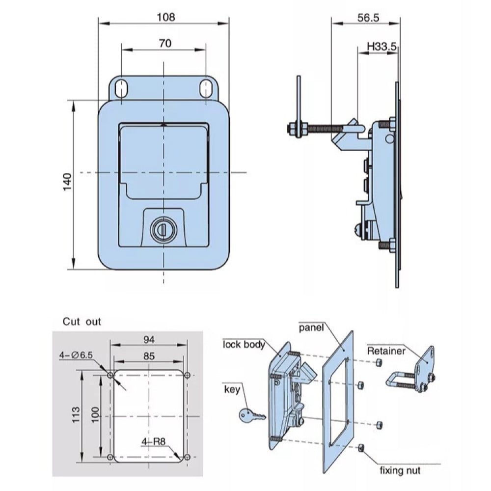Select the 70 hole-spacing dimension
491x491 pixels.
[x=165, y=43]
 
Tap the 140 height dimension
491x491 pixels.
[x=67, y=183]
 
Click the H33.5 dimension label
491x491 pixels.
[x=382, y=47]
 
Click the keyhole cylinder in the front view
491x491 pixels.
[x=161, y=229]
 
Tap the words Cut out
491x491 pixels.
[x=82, y=322]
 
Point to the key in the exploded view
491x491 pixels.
[x=251, y=415]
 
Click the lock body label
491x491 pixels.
[x=244, y=344]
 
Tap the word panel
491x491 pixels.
[x=312, y=327]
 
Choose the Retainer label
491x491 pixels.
[x=386, y=351]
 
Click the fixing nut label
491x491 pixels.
[x=400, y=470]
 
